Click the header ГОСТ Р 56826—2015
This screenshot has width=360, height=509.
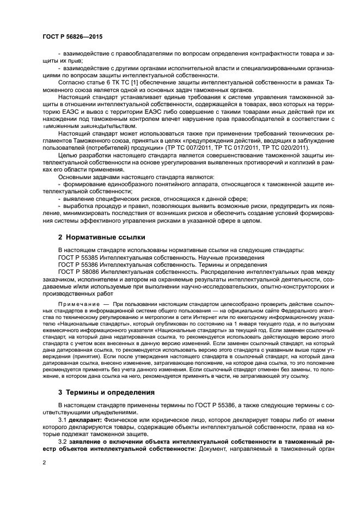click(x=72, y=36)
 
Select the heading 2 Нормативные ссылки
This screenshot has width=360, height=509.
click(x=97, y=237)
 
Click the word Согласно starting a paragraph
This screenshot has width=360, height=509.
click(x=72, y=82)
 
